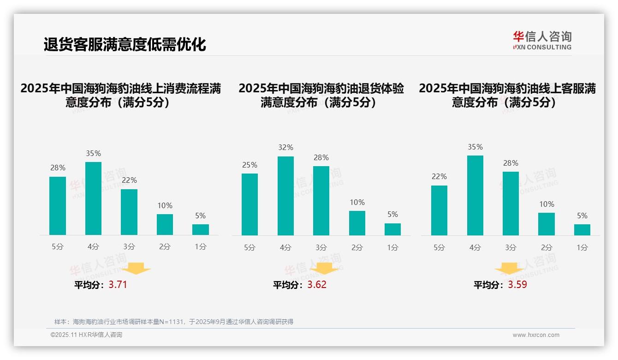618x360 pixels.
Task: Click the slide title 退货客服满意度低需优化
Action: (x=125, y=45)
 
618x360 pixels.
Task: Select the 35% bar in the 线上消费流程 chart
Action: (x=94, y=198)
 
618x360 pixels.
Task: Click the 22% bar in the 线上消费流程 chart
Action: (x=129, y=212)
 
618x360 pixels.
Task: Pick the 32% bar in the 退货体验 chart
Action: (x=285, y=196)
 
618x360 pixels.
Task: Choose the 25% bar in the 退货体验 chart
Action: (x=250, y=204)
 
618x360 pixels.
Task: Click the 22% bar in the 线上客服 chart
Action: (x=439, y=210)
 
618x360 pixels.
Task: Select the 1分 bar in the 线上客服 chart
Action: (x=582, y=230)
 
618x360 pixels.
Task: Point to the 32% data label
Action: (x=285, y=148)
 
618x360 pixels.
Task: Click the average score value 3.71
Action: (x=118, y=285)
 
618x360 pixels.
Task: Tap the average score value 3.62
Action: (x=317, y=285)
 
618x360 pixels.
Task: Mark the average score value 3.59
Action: (x=517, y=285)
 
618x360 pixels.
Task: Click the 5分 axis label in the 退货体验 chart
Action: (x=250, y=248)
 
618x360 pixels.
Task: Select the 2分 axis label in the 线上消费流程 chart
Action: (x=165, y=247)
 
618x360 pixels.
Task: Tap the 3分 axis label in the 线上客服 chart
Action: (x=511, y=248)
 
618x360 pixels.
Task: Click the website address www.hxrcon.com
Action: (x=536, y=335)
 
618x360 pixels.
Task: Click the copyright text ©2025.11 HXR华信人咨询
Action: (x=86, y=335)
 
